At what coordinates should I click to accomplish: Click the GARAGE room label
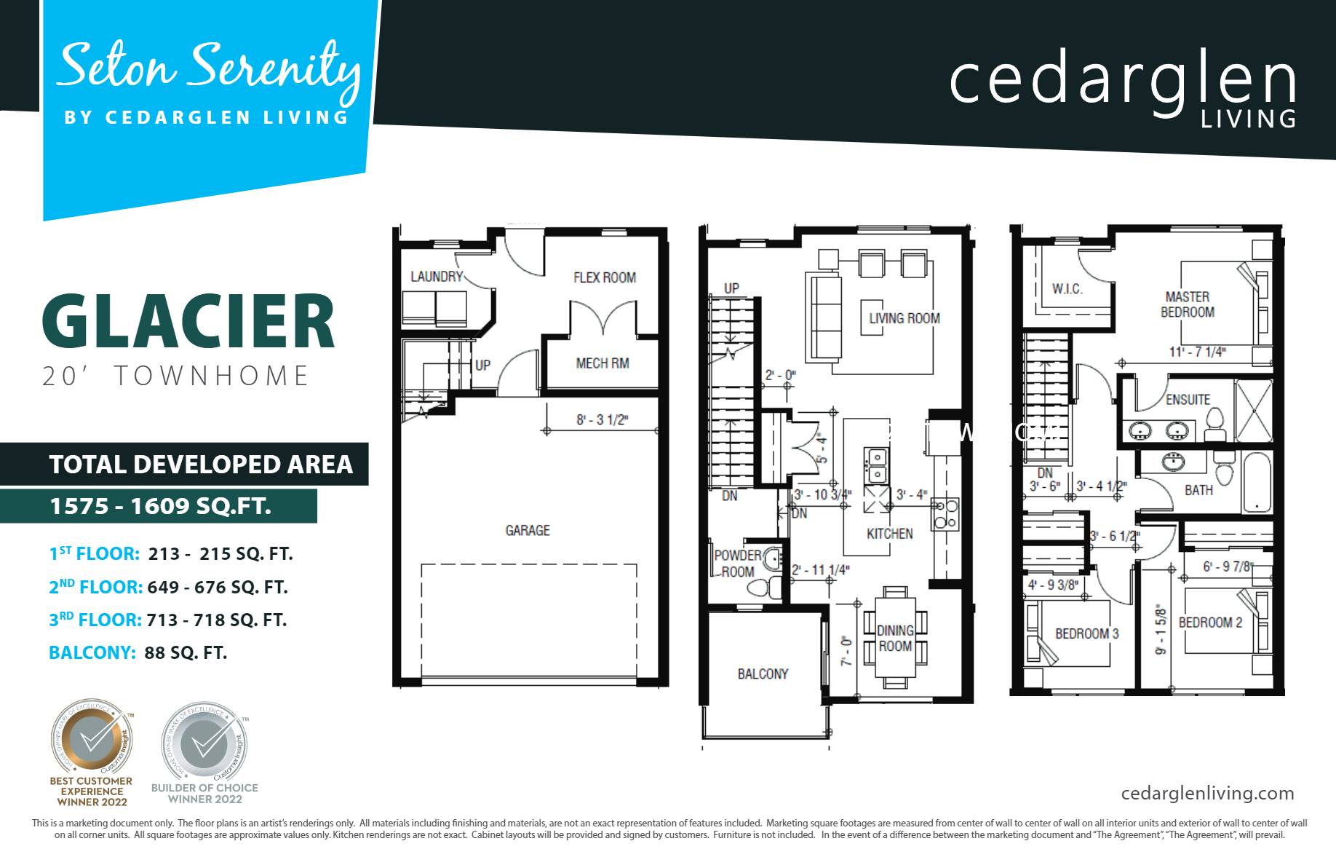point(528,531)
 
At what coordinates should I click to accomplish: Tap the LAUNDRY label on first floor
point(437,277)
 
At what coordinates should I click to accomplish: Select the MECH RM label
point(602,363)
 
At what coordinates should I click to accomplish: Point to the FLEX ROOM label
point(604,277)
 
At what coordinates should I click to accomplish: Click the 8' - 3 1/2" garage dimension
point(602,420)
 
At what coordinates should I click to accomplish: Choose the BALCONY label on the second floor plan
point(763,674)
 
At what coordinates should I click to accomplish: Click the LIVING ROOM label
point(904,318)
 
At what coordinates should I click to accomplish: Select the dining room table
point(895,638)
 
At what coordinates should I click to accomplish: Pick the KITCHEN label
point(889,534)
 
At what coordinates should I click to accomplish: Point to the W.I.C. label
point(1067,289)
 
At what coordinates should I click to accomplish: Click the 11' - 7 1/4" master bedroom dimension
point(1197,352)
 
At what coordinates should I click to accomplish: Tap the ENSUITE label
point(1188,400)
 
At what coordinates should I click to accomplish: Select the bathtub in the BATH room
point(1257,482)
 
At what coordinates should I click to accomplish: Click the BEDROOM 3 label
point(1086,633)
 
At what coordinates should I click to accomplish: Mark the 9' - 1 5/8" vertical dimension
point(1161,630)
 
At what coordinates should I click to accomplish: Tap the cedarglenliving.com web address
point(1207,793)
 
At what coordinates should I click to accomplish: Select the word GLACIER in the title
point(188,323)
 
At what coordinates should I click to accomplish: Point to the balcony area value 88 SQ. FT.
point(186,652)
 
